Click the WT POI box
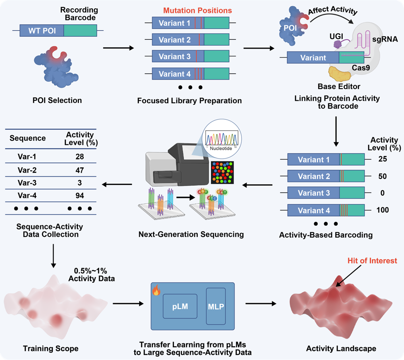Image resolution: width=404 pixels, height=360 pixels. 42,30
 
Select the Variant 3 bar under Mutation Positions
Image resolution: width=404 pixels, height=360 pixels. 191,56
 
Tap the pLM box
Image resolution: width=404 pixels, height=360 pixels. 180,306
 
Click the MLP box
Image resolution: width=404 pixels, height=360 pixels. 216,306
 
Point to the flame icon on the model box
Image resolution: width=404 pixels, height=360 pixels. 156,290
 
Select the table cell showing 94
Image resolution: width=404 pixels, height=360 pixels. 80,195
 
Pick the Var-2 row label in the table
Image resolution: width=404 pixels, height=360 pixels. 27,170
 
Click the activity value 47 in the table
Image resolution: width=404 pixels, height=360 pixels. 80,170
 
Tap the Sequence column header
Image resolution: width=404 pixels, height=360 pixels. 28,138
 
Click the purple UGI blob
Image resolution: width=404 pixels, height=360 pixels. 338,44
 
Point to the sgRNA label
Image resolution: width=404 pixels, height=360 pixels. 385,39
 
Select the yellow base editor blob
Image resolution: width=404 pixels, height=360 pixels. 340,73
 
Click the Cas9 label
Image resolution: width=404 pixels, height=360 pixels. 361,68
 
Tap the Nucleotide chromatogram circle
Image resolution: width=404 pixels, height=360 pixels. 222,139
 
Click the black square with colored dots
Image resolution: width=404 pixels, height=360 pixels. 223,173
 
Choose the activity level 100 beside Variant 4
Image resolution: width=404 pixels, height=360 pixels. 382,210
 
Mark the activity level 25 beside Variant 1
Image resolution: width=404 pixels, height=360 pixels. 382,159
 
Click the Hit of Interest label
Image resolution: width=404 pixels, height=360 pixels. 373,261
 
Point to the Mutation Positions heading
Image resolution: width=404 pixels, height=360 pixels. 197,10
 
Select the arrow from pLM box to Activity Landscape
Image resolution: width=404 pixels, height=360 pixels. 261,304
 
